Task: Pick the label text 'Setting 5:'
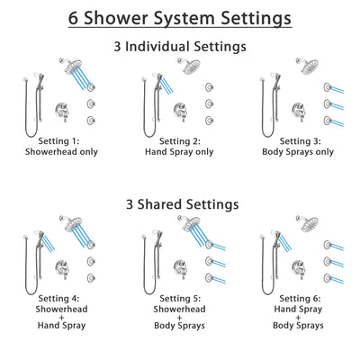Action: pos(180,299)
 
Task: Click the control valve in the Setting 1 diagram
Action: pos(66,104)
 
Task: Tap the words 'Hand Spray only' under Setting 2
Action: pos(180,151)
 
